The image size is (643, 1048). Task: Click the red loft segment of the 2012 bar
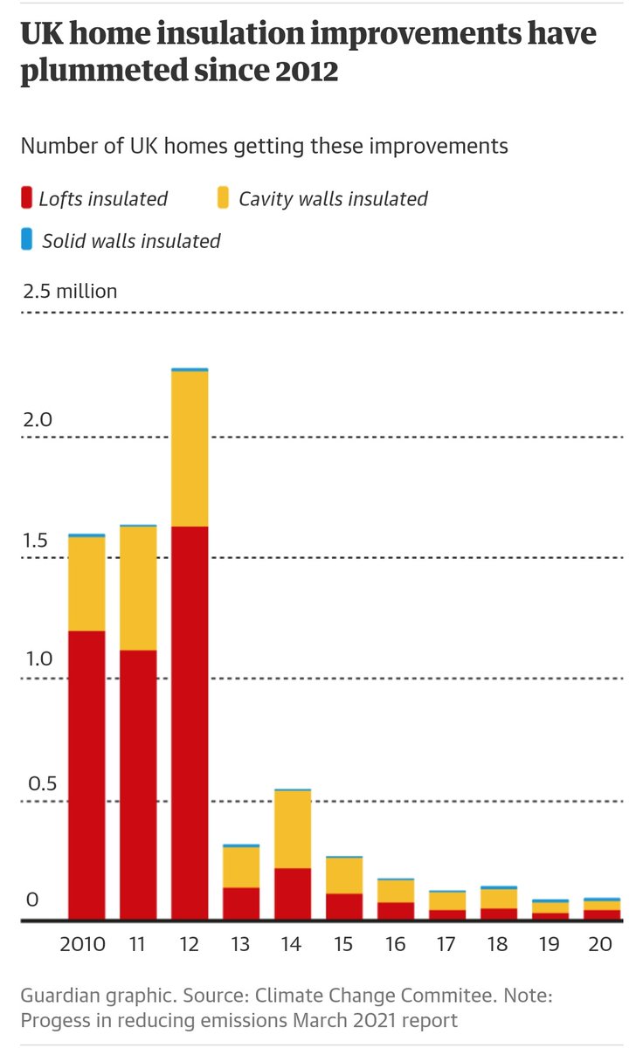click(190, 723)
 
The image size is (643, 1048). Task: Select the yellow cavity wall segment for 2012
click(190, 449)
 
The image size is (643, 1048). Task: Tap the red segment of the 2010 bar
click(86, 776)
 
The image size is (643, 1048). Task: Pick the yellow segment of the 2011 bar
click(138, 589)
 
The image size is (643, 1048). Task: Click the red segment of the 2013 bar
click(241, 904)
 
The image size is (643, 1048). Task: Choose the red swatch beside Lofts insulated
click(26, 198)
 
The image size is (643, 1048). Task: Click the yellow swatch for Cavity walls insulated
click(223, 198)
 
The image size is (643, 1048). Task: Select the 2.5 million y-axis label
click(70, 292)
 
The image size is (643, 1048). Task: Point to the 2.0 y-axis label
click(38, 419)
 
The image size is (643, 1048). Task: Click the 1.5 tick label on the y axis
click(37, 541)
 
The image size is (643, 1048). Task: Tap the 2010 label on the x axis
click(83, 945)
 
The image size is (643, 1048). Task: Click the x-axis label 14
click(293, 945)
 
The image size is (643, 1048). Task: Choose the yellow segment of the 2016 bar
click(396, 891)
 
